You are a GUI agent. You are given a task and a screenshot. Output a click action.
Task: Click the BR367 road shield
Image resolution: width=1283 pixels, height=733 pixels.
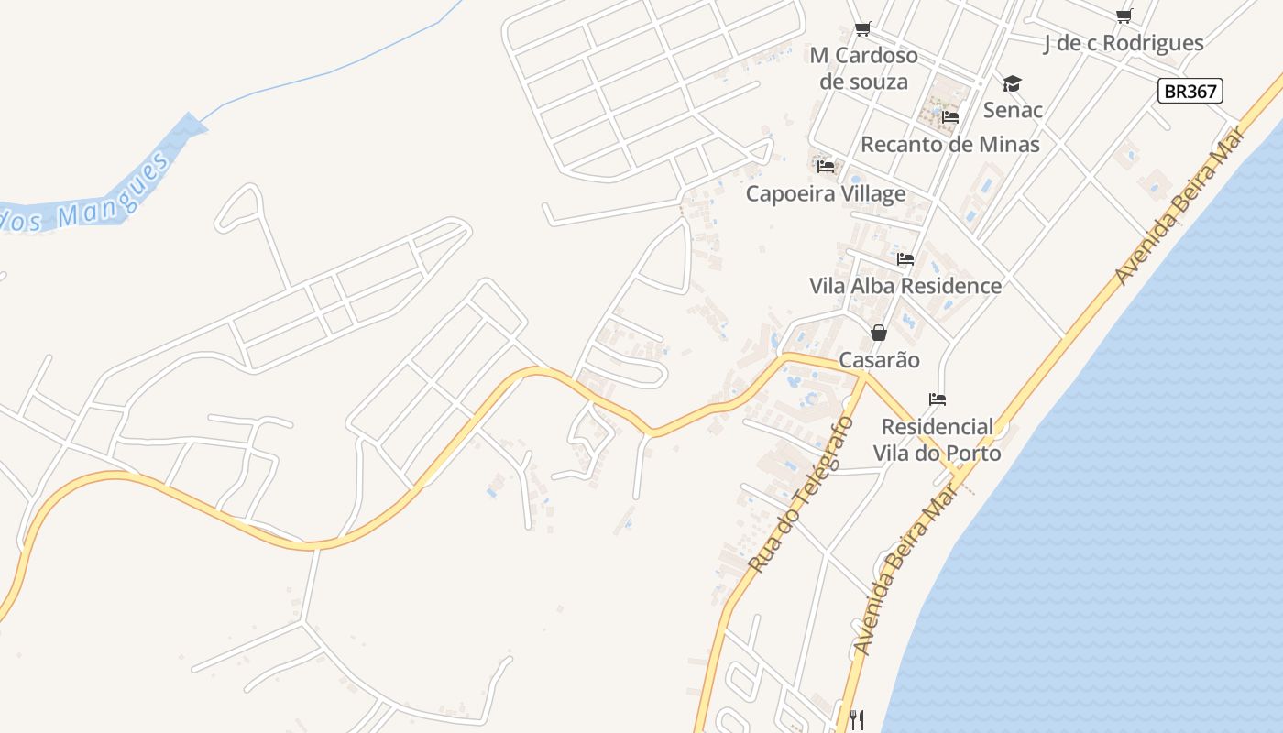point(1190,91)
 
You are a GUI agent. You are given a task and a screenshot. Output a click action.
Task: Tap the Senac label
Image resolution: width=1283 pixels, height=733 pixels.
point(1013,110)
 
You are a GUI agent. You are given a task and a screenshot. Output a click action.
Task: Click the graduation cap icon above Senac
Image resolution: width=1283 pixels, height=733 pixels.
point(1012,84)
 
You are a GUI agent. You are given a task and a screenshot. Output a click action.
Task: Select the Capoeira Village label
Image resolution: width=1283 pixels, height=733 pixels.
point(825,193)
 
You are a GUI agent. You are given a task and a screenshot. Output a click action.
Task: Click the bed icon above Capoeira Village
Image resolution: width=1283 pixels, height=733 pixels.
point(826,167)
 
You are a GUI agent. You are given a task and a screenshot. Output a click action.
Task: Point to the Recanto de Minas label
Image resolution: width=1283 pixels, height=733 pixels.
point(949,144)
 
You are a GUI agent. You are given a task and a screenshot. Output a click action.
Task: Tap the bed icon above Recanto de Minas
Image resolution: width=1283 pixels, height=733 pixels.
point(950,117)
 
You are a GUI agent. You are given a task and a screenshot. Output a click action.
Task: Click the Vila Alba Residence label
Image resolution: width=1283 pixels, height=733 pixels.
point(905,285)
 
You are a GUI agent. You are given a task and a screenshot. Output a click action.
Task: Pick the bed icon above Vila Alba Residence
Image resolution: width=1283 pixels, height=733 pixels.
point(905,259)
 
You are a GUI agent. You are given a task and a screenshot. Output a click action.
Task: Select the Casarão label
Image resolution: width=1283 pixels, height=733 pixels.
point(879,359)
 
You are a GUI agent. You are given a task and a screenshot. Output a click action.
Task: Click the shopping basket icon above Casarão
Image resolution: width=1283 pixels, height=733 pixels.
point(879,332)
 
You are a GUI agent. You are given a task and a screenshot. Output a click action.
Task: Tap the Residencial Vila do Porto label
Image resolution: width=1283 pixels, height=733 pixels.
point(937,440)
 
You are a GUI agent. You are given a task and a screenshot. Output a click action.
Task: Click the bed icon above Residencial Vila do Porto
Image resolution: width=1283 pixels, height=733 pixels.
point(937,399)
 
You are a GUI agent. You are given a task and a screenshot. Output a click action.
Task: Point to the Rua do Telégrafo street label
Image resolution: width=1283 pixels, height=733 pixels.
point(800,496)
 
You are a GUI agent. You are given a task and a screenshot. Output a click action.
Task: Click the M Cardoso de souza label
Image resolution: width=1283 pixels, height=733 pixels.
point(863,69)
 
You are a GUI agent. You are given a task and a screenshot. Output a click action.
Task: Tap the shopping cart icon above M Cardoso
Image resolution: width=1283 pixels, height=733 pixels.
point(862,29)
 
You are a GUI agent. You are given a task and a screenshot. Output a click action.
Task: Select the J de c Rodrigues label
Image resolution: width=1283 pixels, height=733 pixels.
point(1124,43)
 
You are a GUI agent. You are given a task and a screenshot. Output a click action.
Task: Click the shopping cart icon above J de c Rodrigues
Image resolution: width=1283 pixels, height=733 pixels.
point(1124,16)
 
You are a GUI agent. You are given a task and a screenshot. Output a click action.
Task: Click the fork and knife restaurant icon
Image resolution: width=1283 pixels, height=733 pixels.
point(856,720)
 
